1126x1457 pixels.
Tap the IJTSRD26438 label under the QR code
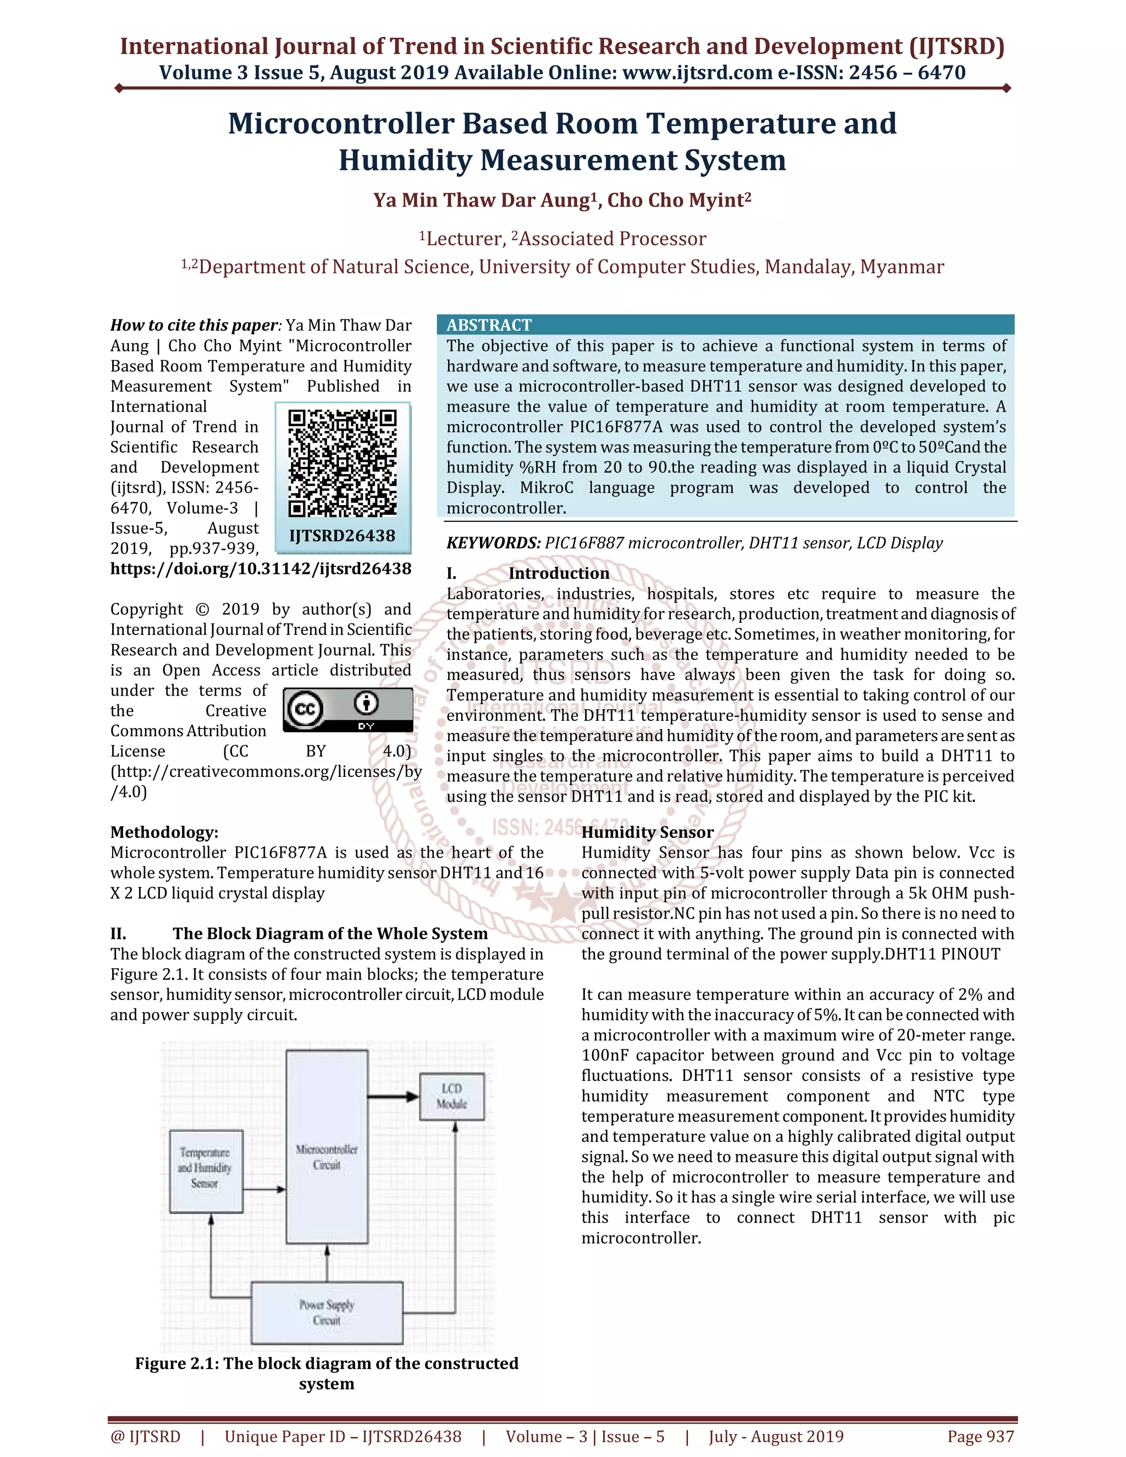click(x=342, y=536)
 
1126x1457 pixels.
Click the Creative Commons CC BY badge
click(x=347, y=710)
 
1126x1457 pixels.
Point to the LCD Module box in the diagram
click(x=451, y=1097)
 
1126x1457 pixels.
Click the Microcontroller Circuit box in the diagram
click(x=327, y=1147)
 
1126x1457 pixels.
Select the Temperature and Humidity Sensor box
click(x=206, y=1171)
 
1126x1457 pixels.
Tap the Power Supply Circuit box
click(x=327, y=1312)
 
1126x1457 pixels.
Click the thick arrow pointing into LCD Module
click(x=393, y=1096)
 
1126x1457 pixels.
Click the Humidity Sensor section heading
click(x=647, y=832)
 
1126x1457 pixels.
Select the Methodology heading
click(x=164, y=832)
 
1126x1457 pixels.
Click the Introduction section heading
click(x=559, y=573)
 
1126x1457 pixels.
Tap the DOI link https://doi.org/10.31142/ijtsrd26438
click(x=261, y=569)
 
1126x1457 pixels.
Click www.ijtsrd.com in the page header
click(x=697, y=72)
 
